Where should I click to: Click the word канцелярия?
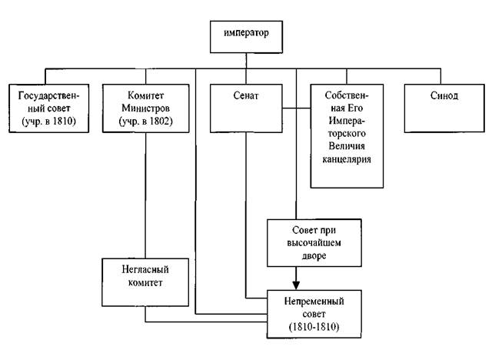pos(347,160)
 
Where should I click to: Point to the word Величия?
pos(347,147)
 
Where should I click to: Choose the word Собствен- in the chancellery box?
pos(347,94)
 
